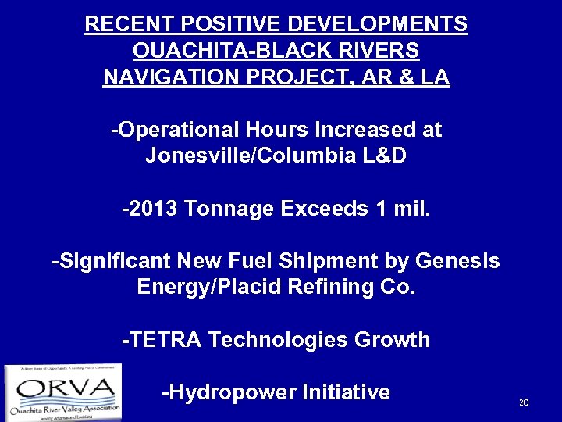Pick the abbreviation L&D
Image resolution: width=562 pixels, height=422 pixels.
[x=383, y=156]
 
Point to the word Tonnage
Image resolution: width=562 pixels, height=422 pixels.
[x=222, y=209]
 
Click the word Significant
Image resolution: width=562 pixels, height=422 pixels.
[x=110, y=261]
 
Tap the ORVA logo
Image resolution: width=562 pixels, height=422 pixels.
[x=62, y=393]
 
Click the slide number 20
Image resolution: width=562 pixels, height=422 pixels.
[x=524, y=403]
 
